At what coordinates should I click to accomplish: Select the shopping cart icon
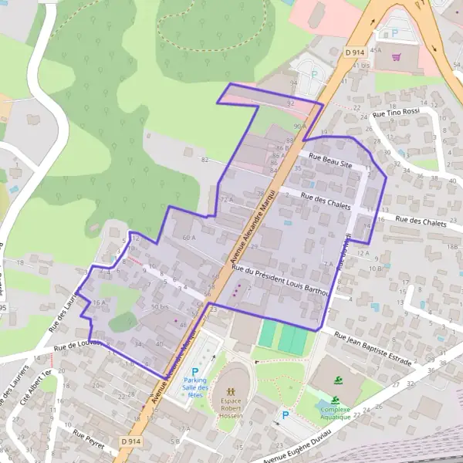[x=397, y=56]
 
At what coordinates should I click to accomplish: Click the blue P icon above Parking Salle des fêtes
[x=195, y=371]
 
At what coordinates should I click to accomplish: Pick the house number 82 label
[x=204, y=159]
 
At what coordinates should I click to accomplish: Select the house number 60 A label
[x=189, y=238]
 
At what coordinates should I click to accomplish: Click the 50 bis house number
[x=160, y=307]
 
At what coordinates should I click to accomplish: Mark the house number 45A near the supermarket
[x=376, y=49]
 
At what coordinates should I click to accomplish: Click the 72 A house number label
[x=226, y=199]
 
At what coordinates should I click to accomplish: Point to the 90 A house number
[x=300, y=126]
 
